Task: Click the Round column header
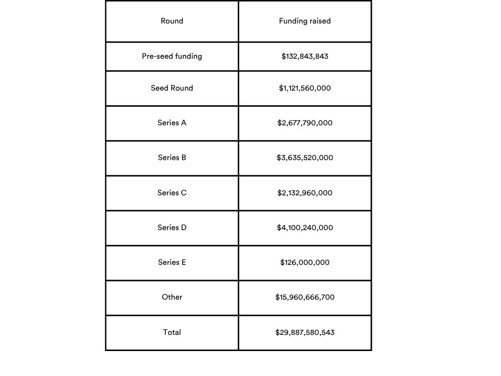[172, 21]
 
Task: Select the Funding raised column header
[305, 21]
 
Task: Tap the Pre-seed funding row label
[172, 56]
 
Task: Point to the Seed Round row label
[172, 88]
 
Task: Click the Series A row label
[172, 123]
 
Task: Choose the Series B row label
[172, 158]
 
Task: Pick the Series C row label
[172, 193]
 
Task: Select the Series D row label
[172, 228]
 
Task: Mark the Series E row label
[172, 262]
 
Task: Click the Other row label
[172, 297]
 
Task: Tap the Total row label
[172, 332]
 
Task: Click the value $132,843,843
[305, 56]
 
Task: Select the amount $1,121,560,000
[305, 88]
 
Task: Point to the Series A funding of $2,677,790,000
[305, 123]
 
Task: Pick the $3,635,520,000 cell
[305, 158]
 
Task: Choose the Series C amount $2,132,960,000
[305, 193]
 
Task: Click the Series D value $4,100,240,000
[305, 228]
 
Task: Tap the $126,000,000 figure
[305, 262]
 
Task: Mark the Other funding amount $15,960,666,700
[305, 297]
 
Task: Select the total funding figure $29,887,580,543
[305, 332]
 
